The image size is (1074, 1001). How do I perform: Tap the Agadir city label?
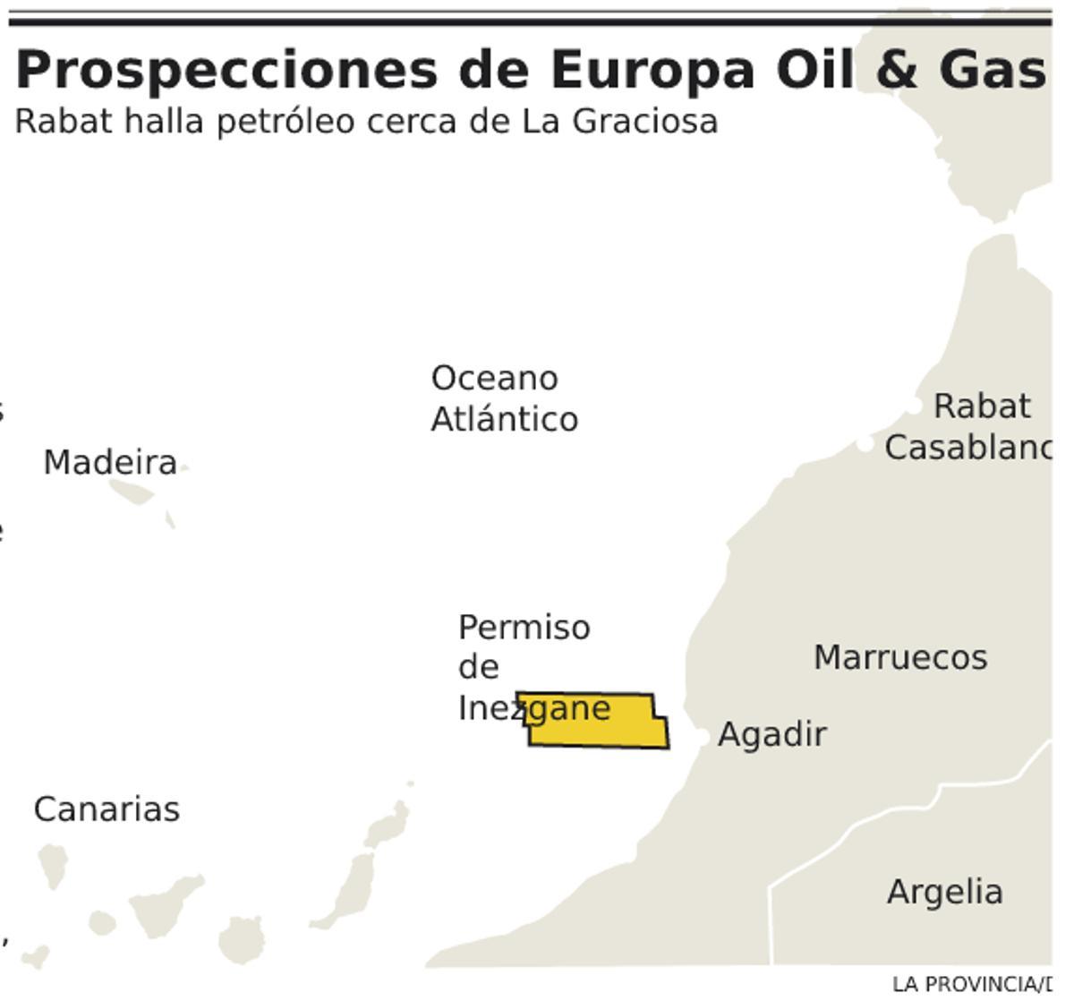[771, 734]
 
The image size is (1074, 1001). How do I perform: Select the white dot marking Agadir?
[703, 736]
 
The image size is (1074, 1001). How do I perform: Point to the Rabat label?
[982, 406]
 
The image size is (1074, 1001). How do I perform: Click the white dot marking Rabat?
[912, 406]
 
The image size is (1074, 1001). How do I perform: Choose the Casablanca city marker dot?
[865, 443]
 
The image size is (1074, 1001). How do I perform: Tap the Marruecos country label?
[900, 657]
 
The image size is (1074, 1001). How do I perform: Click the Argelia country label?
[944, 892]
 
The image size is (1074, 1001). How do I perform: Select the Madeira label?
[110, 463]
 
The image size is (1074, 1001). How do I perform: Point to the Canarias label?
[107, 809]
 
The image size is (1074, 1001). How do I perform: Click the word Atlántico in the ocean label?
[504, 419]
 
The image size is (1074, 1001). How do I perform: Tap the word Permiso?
[524, 627]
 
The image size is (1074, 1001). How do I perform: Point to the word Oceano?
[494, 378]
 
